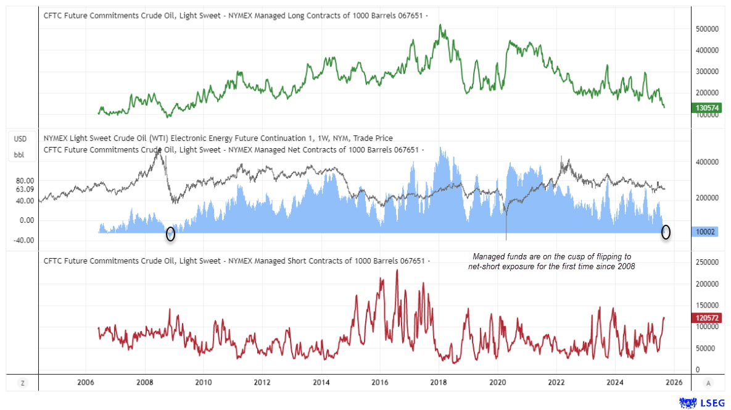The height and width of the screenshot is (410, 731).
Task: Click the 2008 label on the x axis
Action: coord(145,383)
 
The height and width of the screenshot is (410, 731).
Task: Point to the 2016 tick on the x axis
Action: coord(380,383)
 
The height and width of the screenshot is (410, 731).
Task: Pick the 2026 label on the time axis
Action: coord(674,383)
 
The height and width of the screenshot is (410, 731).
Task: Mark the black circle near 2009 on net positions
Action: coord(171,234)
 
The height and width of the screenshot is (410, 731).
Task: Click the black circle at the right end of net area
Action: coord(666,232)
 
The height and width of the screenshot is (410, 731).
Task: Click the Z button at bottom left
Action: coord(23,383)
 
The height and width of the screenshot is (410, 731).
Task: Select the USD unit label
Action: coord(20,138)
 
